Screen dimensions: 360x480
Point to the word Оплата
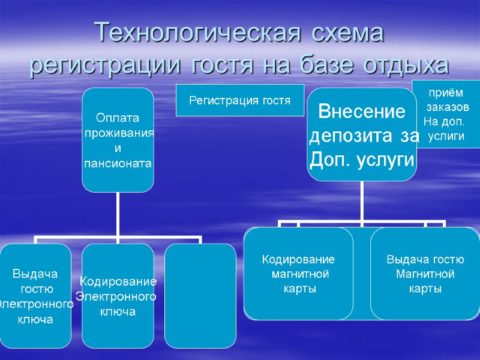tap(118, 118)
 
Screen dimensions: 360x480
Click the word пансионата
tap(118, 163)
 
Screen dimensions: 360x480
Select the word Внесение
tap(361, 112)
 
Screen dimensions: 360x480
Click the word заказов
tap(445, 108)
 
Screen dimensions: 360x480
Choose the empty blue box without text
tap(200, 295)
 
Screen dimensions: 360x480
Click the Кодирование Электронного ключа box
tap(118, 295)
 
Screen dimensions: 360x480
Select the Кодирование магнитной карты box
tap(298, 274)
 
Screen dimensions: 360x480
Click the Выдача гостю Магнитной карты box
tap(425, 274)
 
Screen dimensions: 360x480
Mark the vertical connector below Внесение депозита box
tap(362, 201)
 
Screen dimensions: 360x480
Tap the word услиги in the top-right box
tap(446, 137)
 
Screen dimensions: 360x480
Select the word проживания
tap(119, 133)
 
